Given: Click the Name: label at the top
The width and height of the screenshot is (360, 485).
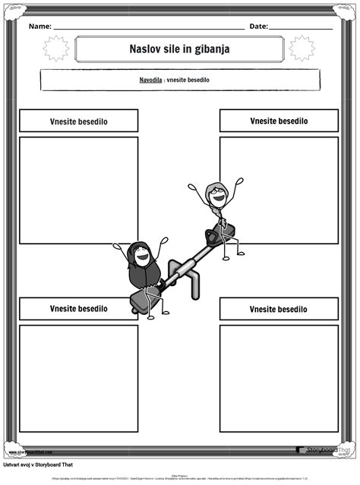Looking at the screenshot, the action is pyautogui.click(x=40, y=27).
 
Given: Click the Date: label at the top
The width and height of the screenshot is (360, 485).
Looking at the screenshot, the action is pyautogui.click(x=258, y=27).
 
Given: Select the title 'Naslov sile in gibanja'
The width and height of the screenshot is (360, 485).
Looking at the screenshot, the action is pyautogui.click(x=179, y=49).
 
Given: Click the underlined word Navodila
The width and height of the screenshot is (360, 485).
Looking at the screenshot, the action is pyautogui.click(x=150, y=80).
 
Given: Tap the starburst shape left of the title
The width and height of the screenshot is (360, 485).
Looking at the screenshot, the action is pyautogui.click(x=55, y=49).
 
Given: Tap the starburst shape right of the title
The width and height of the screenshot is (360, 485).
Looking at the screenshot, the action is pyautogui.click(x=302, y=49).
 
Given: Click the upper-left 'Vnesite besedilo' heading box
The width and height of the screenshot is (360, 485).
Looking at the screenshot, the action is pyautogui.click(x=78, y=121).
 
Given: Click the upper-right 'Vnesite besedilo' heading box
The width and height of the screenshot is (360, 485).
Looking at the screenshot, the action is pyautogui.click(x=279, y=121).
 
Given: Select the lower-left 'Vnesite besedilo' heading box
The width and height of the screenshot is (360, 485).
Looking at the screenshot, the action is pyautogui.click(x=78, y=309).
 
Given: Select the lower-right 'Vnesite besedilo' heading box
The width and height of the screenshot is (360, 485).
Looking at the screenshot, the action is pyautogui.click(x=279, y=309).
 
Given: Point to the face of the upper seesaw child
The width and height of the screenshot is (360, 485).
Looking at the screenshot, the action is pyautogui.click(x=217, y=196).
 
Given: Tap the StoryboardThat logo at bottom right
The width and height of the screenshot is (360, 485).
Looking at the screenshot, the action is pyautogui.click(x=324, y=450).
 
